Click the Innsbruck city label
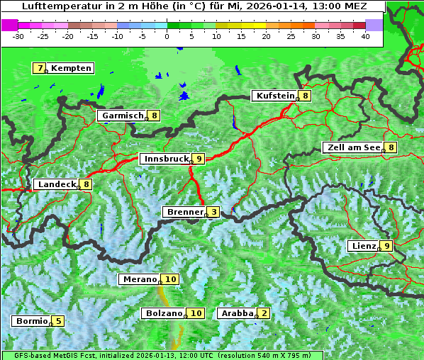165,159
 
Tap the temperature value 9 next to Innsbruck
199,159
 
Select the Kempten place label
71,68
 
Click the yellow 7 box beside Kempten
40,68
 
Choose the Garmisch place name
122,116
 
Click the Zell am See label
352,147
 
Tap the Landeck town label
56,184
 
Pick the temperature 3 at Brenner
213,212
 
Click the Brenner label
184,212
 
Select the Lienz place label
362,246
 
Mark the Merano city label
139,279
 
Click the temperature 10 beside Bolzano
196,313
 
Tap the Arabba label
236,313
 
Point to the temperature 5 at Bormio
58,321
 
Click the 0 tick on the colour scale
167,35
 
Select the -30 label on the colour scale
18,35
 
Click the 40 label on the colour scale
365,35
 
